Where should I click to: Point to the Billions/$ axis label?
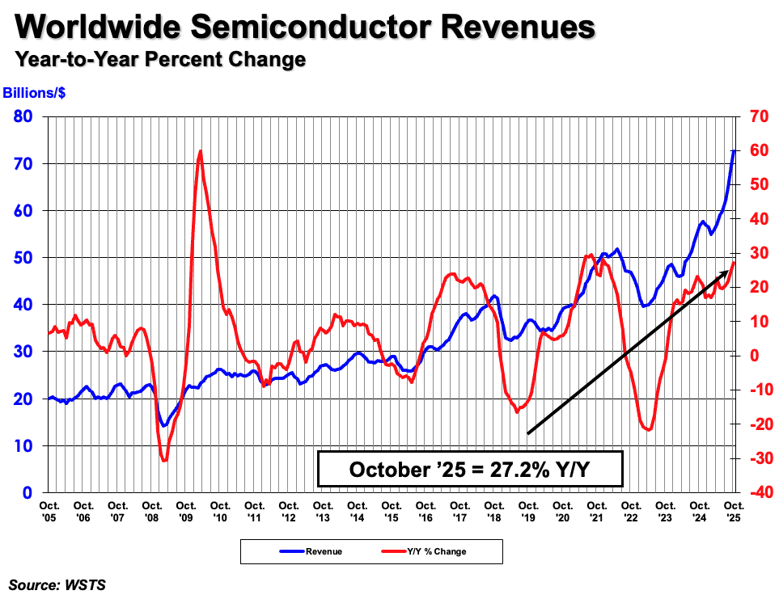[x=35, y=93]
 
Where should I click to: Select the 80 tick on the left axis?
[x=23, y=116]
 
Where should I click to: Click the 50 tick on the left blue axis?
[x=23, y=258]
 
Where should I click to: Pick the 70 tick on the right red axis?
[x=757, y=116]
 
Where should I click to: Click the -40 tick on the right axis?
[x=757, y=492]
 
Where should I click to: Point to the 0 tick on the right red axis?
[x=753, y=356]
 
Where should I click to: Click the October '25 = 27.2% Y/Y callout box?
[x=470, y=470]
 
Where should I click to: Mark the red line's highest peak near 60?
[x=200, y=151]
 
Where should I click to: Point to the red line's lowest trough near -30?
[x=164, y=460]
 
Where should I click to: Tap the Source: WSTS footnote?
[x=57, y=584]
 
